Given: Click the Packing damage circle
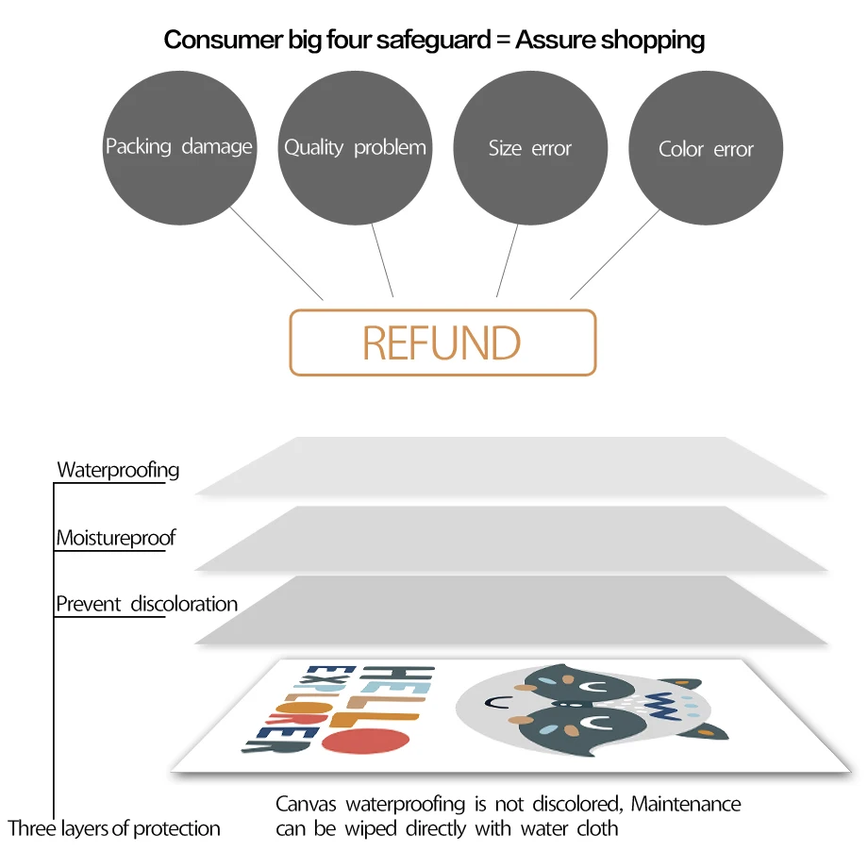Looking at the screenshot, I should [x=178, y=147].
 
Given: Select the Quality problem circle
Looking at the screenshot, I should [x=355, y=147].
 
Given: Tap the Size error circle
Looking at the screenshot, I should [x=530, y=147].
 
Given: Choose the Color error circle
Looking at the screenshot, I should [x=706, y=147].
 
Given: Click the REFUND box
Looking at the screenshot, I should [x=442, y=342].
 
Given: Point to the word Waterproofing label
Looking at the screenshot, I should [x=118, y=470].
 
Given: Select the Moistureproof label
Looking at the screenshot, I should [x=116, y=539].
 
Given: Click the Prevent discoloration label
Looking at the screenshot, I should [x=146, y=604].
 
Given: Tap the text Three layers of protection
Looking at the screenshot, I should [x=114, y=829].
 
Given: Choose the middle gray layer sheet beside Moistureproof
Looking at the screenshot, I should [x=509, y=538].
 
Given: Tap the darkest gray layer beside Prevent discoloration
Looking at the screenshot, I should [x=509, y=609].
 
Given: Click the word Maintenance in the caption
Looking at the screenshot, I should [x=686, y=805].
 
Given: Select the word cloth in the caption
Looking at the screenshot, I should [x=597, y=829].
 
